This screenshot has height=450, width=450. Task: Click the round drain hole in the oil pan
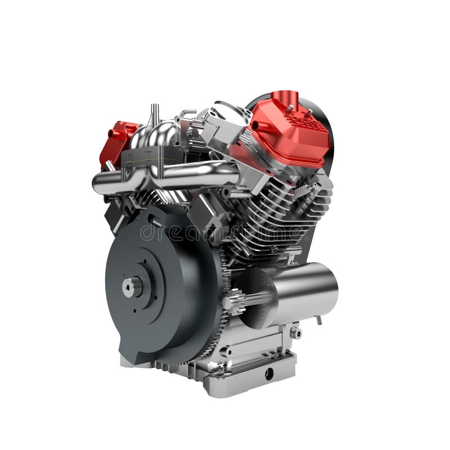coord(269,373)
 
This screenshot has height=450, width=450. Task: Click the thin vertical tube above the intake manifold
coord(152,115)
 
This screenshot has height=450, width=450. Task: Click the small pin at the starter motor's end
coord(319,321)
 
